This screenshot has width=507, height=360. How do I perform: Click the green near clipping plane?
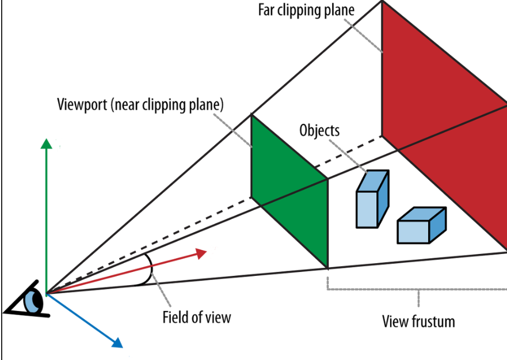click(x=289, y=190)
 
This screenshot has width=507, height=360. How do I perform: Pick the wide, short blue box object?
click(x=421, y=225)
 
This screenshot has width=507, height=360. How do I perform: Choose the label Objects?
click(x=319, y=130)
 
